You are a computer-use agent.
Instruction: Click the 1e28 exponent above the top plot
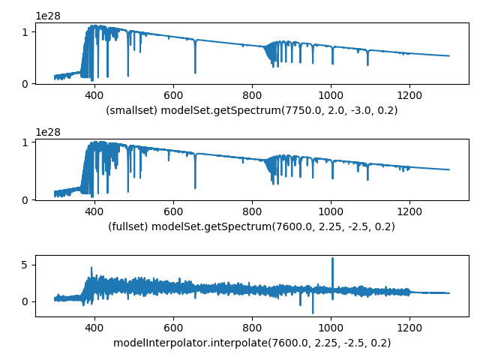tap(48, 16)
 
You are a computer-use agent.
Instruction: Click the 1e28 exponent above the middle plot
tap(48, 132)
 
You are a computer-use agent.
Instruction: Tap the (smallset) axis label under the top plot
tap(252, 110)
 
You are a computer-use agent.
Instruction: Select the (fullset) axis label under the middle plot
tap(252, 226)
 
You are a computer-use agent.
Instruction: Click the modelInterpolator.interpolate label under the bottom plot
tap(252, 343)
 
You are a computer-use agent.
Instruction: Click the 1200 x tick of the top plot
tap(409, 95)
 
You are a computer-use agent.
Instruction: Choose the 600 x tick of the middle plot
tap(173, 211)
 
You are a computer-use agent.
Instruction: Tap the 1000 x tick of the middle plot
tap(331, 211)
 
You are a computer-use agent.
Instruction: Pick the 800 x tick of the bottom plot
tap(252, 328)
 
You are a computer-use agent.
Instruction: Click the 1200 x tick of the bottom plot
tap(409, 328)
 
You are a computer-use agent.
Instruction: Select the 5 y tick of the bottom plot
tap(25, 265)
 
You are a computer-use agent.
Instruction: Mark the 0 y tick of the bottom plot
tap(25, 301)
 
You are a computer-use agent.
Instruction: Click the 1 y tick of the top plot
tap(25, 32)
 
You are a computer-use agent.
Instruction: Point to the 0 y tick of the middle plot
tap(25, 199)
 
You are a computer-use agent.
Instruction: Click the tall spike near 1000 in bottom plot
tap(332, 260)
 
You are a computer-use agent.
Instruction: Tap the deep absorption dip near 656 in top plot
tap(195, 71)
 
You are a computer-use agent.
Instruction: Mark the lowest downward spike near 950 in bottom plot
tap(313, 311)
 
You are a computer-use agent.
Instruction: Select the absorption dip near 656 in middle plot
tap(195, 187)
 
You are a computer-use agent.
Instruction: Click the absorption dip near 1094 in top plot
tap(367, 64)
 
